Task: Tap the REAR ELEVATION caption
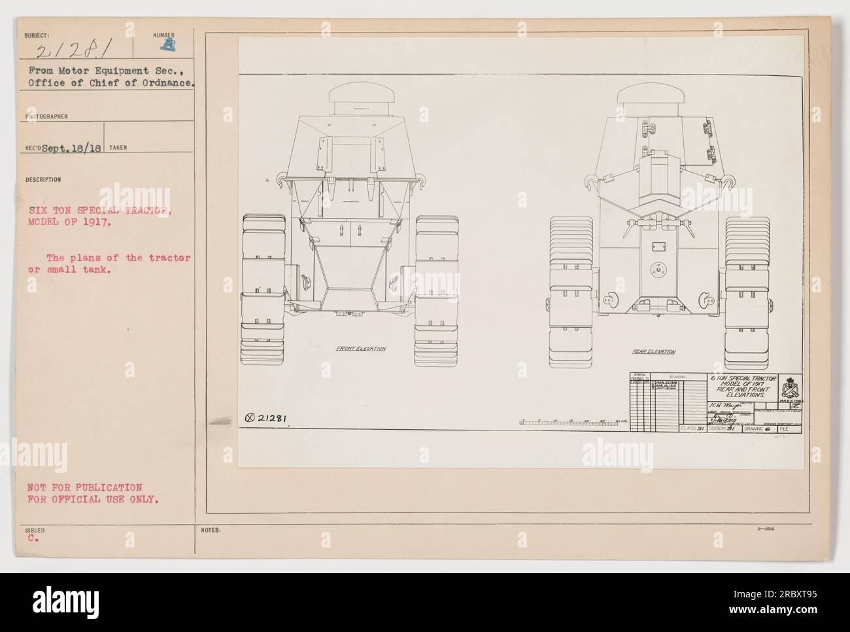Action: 653,352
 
